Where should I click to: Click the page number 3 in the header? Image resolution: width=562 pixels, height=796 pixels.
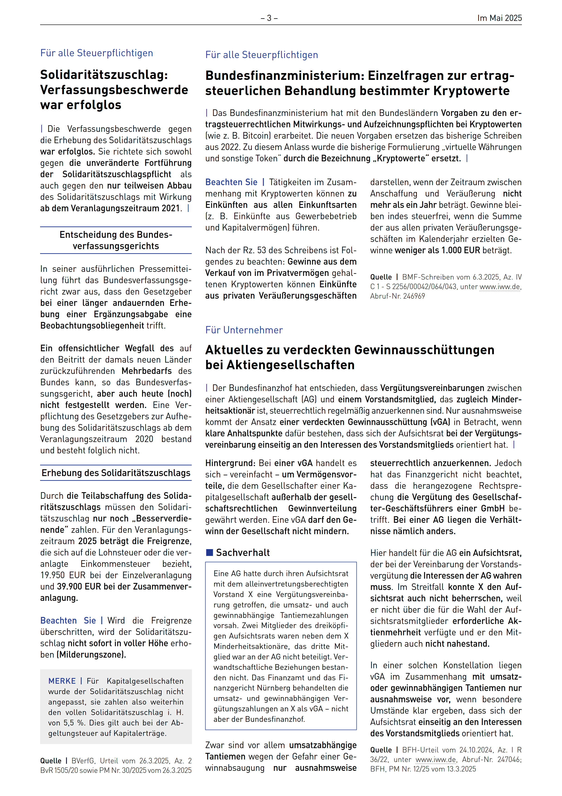tap(269, 18)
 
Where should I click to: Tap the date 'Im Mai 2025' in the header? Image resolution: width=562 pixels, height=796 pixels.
tap(499, 18)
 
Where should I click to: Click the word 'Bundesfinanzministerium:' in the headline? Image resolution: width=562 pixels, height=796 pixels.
tap(284, 76)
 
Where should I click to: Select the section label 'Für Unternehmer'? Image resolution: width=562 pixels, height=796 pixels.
tap(244, 330)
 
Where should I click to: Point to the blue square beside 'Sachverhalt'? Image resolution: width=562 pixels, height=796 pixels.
tap(209, 553)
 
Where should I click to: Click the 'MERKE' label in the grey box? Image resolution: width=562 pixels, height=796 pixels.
tap(62, 681)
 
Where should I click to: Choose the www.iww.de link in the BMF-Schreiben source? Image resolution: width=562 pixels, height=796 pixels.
tap(500, 287)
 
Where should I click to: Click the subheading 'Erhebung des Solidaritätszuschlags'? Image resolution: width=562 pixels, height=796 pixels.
tap(116, 473)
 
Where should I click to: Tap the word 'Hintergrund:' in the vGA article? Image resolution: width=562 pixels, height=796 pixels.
tap(230, 463)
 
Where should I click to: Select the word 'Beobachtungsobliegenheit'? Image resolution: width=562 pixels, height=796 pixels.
tap(92, 326)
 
